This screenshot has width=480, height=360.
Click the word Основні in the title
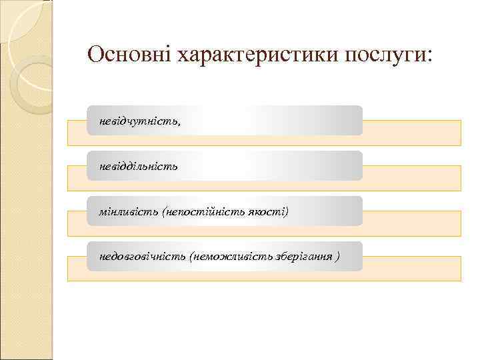[x=129, y=55]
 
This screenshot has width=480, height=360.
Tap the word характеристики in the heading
[x=258, y=55]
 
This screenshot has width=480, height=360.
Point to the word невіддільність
[x=138, y=166]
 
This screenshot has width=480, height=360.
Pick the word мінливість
[x=129, y=211]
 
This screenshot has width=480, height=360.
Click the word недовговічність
[x=142, y=256]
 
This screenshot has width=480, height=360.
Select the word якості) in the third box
[x=271, y=211]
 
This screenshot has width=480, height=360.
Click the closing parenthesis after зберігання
[x=339, y=256]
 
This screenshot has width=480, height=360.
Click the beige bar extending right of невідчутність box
[x=411, y=132]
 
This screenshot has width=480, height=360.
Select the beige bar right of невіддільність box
[x=411, y=177]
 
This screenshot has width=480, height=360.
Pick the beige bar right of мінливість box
[x=411, y=223]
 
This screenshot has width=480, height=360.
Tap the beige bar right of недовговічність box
[x=411, y=268]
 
